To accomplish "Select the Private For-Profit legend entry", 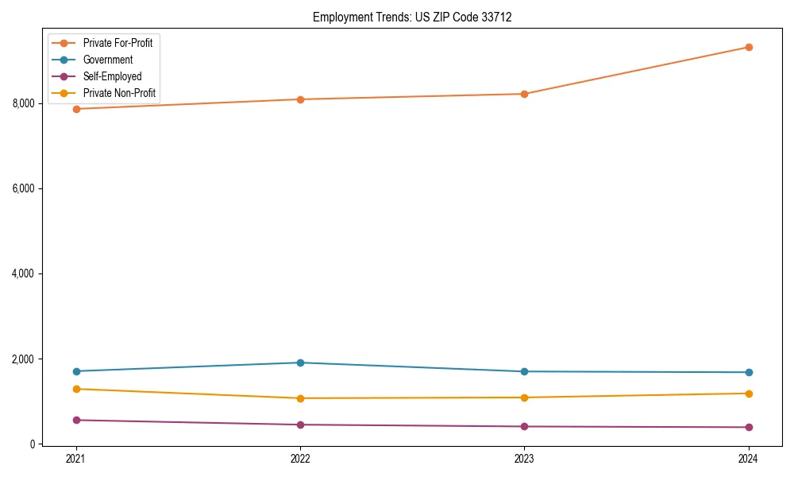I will [x=118, y=43].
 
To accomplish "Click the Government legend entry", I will [x=107, y=60].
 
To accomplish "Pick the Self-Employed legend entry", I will [x=112, y=77].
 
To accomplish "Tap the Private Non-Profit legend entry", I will [x=119, y=94].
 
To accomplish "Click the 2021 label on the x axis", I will [x=76, y=459].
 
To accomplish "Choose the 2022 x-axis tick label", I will [x=300, y=459].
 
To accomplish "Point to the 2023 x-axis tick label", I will [x=524, y=459].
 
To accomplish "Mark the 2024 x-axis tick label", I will [x=749, y=459].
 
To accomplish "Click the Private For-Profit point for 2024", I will [x=749, y=47].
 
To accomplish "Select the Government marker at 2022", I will [x=300, y=363].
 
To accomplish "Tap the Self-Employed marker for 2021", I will [x=76, y=420].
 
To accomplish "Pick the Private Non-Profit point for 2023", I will [x=524, y=397].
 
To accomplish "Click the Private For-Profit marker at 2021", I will [x=76, y=109].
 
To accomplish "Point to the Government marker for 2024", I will [x=749, y=372].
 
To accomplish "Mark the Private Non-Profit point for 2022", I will [x=300, y=398].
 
